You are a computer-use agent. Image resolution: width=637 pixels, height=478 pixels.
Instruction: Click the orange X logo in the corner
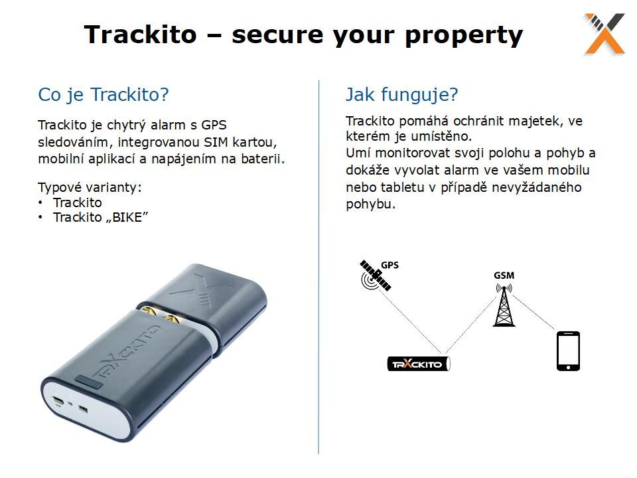click(604, 34)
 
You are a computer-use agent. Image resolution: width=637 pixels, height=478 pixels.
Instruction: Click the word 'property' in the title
click(464, 35)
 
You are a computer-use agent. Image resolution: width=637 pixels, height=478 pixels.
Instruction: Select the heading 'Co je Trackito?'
click(104, 95)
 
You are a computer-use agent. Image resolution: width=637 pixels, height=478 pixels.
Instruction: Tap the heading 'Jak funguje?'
click(402, 95)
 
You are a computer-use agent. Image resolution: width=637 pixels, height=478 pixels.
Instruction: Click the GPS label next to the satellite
click(389, 265)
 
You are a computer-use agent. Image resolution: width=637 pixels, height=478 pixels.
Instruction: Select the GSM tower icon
click(504, 305)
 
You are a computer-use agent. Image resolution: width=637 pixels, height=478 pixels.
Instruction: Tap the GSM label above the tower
click(504, 276)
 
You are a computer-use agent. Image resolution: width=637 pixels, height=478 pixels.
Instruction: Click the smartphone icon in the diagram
click(568, 351)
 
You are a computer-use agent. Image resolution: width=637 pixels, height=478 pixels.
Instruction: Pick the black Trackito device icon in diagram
click(419, 364)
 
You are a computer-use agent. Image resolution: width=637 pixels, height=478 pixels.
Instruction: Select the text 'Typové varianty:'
click(90, 188)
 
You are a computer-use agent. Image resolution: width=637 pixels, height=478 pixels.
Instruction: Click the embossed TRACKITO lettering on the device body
click(125, 353)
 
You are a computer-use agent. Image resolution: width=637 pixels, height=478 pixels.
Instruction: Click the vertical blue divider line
click(319, 267)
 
